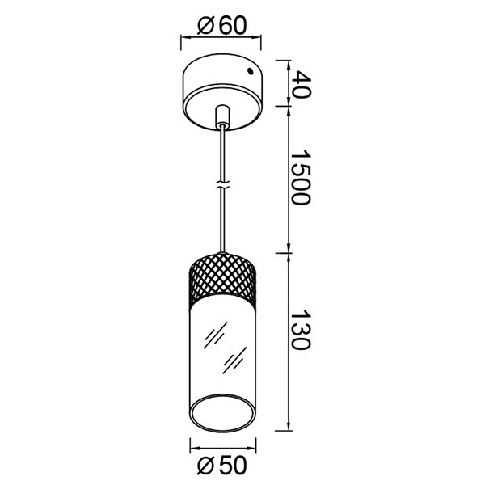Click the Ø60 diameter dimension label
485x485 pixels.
pyautogui.click(x=221, y=25)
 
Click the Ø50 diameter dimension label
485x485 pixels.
pyautogui.click(x=221, y=466)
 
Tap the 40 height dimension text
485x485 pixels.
pyautogui.click(x=301, y=83)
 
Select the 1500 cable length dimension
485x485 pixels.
pyautogui.click(x=301, y=178)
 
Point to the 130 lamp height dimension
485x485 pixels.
pyautogui.click(x=301, y=331)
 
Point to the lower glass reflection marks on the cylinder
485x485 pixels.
pyautogui.click(x=234, y=359)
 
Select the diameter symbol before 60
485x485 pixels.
pyautogui.click(x=205, y=25)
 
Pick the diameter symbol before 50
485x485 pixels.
pyautogui.click(x=205, y=466)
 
